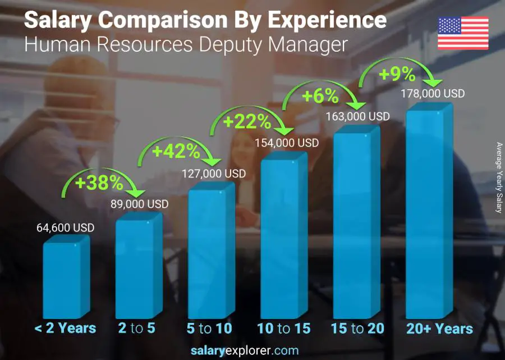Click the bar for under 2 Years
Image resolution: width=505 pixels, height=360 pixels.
(x=66, y=278)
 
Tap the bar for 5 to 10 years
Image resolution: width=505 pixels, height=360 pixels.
(x=210, y=253)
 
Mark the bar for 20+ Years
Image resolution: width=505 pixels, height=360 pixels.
(x=429, y=213)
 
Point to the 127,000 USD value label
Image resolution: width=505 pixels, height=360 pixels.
(x=214, y=174)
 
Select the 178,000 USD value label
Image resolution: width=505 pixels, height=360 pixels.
(x=433, y=94)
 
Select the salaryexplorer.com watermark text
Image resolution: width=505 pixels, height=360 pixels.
(x=252, y=350)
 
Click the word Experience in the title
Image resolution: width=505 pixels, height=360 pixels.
(x=327, y=21)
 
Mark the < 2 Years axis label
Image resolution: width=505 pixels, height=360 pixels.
(x=66, y=329)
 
